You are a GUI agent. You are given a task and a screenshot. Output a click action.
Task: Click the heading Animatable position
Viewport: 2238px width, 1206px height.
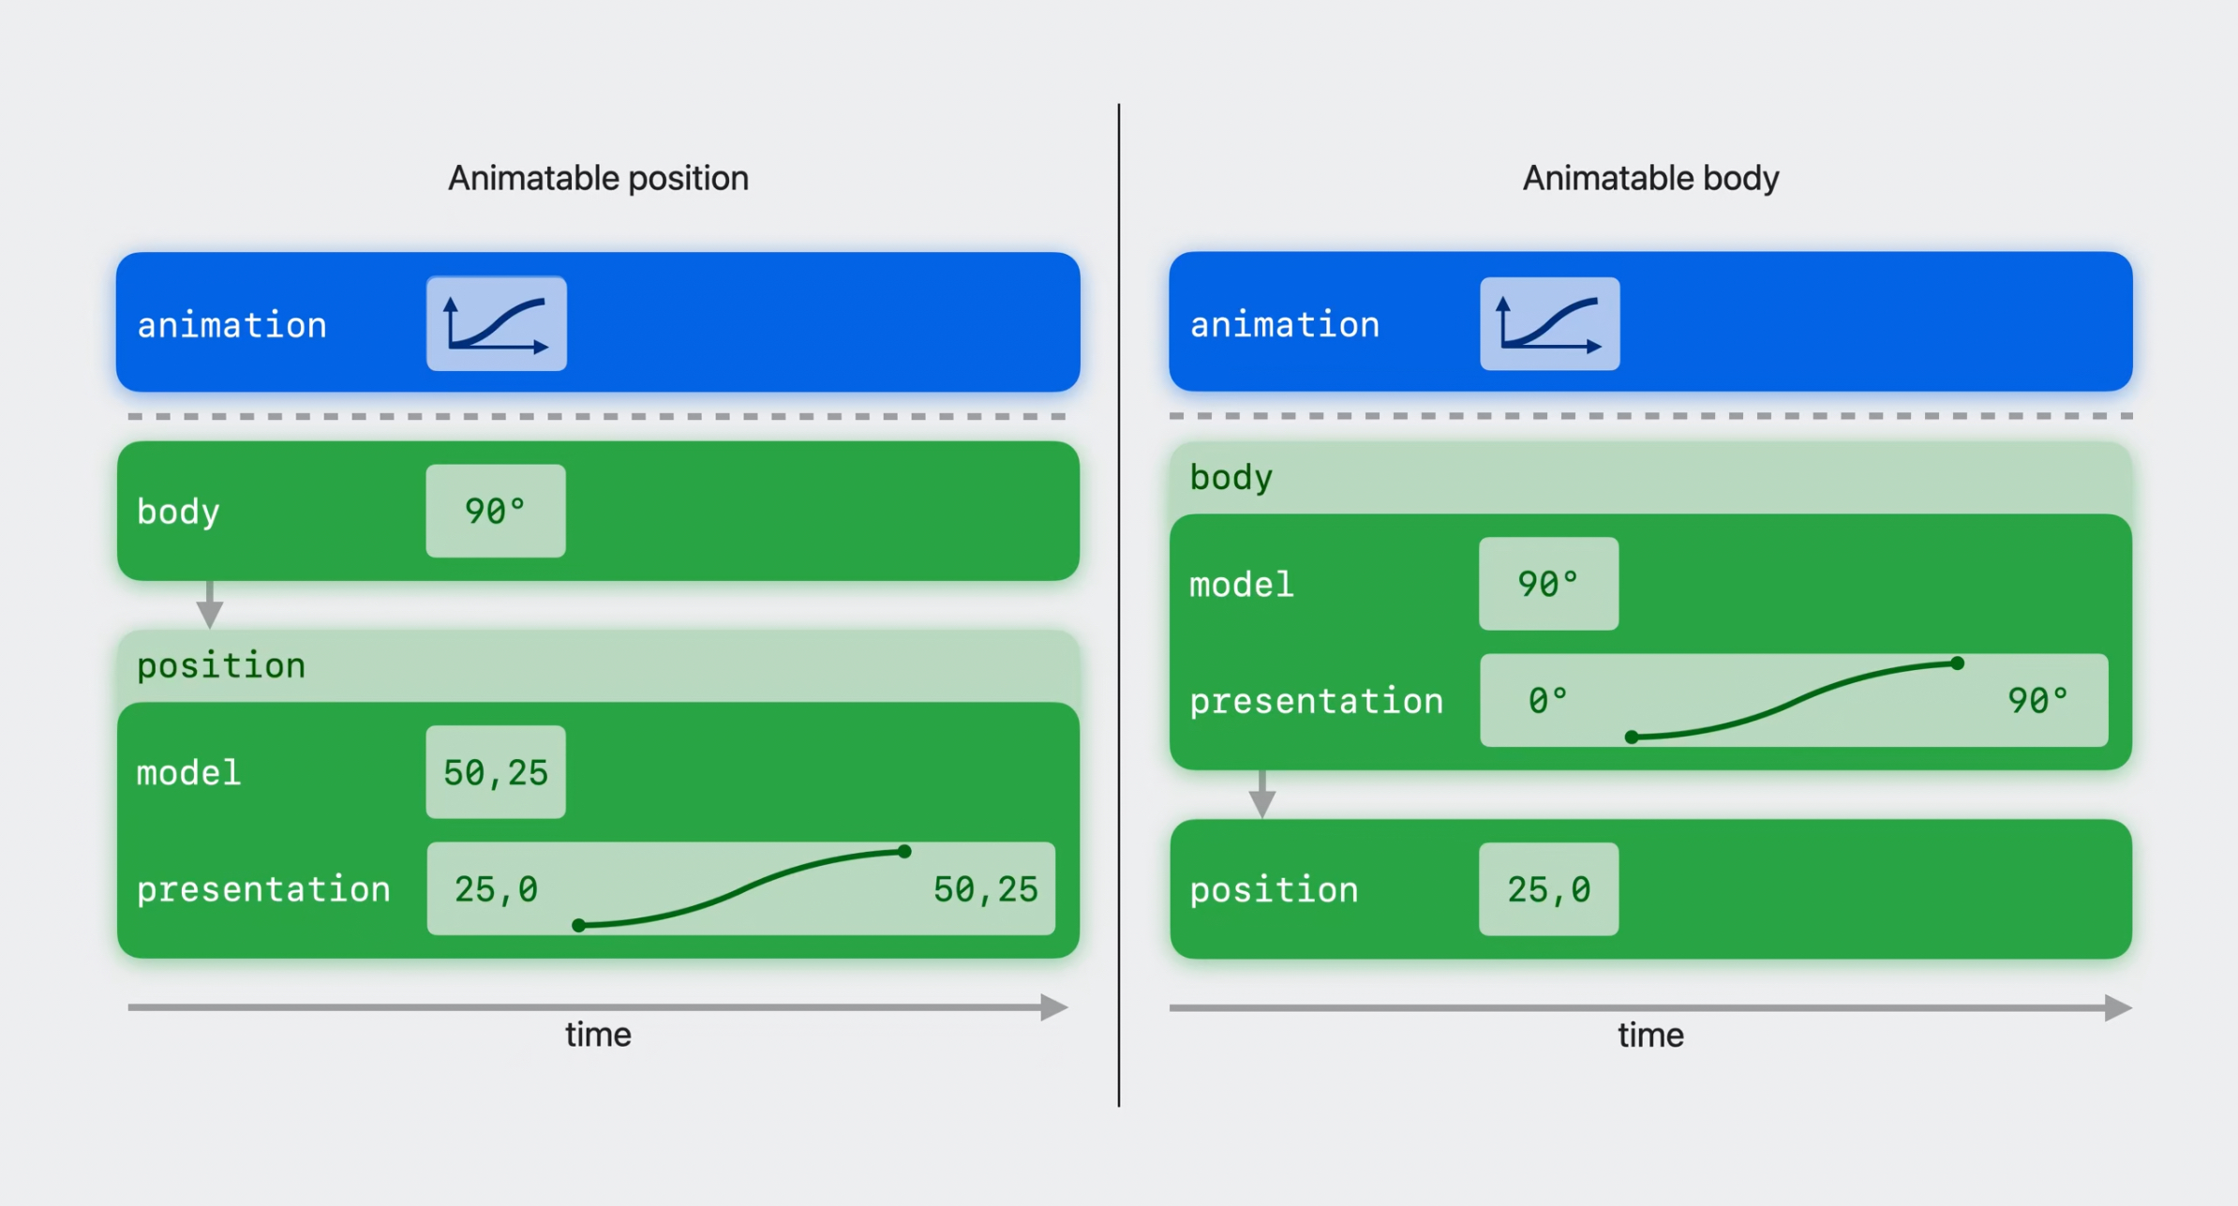[x=598, y=178]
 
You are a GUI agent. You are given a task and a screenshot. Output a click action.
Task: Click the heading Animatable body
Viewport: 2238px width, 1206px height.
[x=1650, y=178]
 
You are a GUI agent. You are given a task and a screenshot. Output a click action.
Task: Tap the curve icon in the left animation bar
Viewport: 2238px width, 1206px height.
[x=497, y=323]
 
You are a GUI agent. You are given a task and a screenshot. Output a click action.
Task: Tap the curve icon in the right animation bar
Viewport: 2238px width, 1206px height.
[x=1550, y=323]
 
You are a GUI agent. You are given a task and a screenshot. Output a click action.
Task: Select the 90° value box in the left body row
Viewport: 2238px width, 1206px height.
[x=496, y=511]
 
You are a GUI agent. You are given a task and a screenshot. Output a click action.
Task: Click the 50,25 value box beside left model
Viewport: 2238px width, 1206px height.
[x=496, y=772]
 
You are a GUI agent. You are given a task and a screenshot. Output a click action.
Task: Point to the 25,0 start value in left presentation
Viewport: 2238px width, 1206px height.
[x=496, y=889]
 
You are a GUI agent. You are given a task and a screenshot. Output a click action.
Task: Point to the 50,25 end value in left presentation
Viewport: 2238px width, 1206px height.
[x=986, y=889]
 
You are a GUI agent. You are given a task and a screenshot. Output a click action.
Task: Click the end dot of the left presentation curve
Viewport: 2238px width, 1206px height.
[x=904, y=852]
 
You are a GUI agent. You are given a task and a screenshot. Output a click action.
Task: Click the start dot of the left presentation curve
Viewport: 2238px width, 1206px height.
[x=579, y=926]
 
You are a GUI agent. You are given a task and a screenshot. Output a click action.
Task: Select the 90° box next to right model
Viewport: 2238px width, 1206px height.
[x=1549, y=584]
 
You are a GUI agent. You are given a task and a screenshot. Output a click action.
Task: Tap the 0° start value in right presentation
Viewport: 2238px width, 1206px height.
[x=1547, y=701]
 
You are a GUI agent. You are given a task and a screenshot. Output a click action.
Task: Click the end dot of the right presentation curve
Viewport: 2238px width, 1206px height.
[x=1958, y=663]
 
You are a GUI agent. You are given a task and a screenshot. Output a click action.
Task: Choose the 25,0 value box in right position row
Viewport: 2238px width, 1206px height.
[x=1549, y=889]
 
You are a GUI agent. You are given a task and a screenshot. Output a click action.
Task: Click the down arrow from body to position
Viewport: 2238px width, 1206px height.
[x=210, y=604]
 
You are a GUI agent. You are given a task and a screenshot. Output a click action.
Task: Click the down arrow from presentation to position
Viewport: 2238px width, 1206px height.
[x=1262, y=795]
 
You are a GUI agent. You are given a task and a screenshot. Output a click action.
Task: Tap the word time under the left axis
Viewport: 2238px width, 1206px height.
[x=598, y=1035]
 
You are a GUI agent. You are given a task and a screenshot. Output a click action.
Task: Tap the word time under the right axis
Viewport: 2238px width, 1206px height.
[x=1650, y=1035]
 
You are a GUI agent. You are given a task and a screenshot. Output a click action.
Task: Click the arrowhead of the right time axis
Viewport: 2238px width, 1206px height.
[x=2118, y=1008]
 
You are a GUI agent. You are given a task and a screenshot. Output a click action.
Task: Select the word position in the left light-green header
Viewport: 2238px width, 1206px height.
[x=221, y=665]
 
